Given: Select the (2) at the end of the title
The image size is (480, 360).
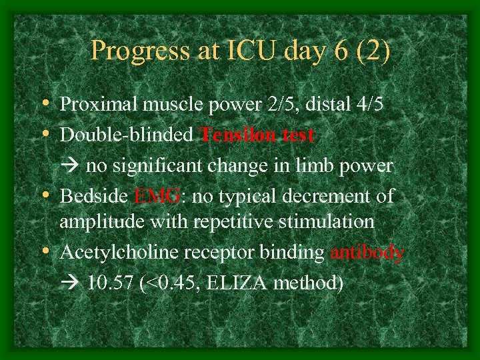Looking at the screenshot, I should [x=371, y=51].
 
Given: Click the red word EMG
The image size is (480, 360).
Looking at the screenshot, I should [x=157, y=197].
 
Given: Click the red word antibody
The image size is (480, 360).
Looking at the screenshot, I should [x=367, y=253].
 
